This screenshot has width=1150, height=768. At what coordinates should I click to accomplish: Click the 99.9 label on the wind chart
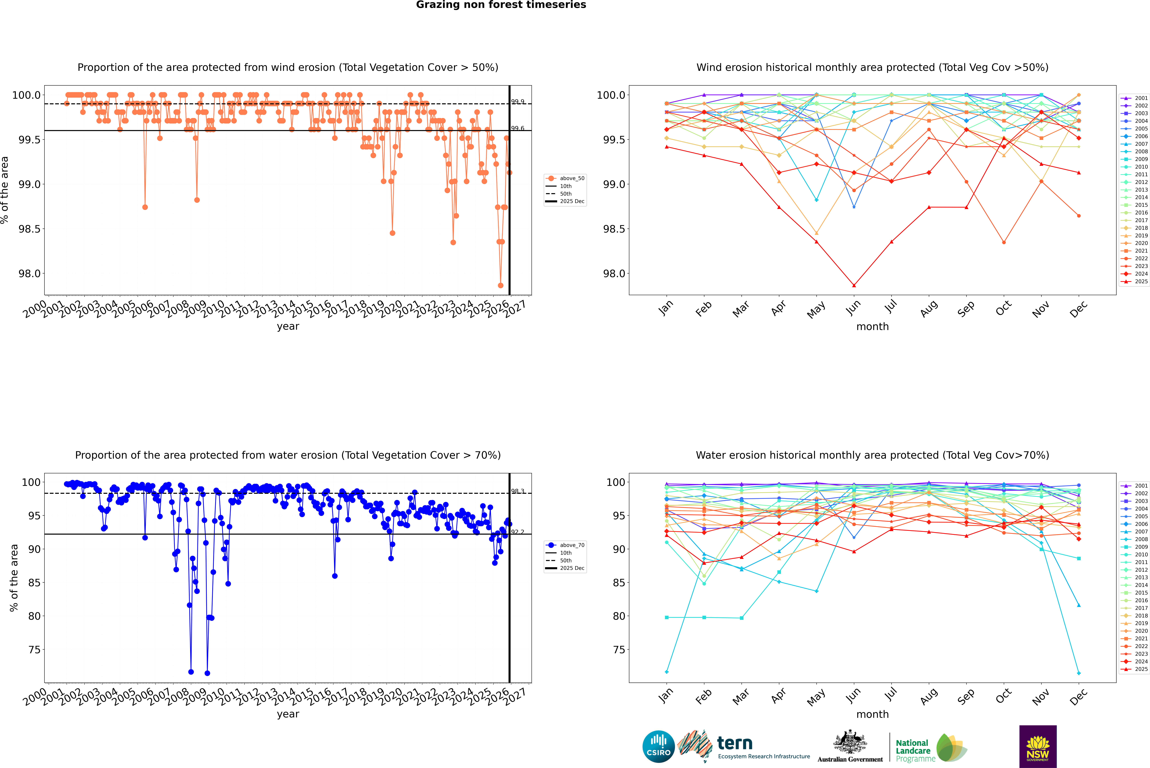coord(518,102)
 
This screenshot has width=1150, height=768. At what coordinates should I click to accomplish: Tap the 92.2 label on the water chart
coord(518,532)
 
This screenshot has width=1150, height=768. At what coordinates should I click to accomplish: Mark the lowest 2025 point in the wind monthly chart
coord(854,286)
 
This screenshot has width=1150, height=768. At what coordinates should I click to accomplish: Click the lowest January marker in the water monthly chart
coord(667,671)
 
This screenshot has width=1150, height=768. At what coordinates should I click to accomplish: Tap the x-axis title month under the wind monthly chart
coord(873,327)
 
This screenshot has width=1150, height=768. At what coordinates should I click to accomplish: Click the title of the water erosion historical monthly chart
coord(873,455)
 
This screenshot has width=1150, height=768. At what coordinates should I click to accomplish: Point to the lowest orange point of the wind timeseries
coord(500,286)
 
